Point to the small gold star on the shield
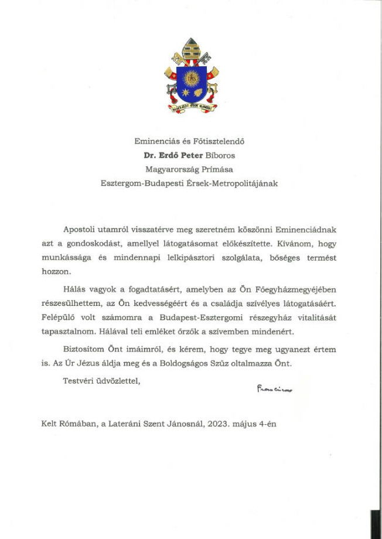coord(183,93)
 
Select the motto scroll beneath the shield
coord(191,107)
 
